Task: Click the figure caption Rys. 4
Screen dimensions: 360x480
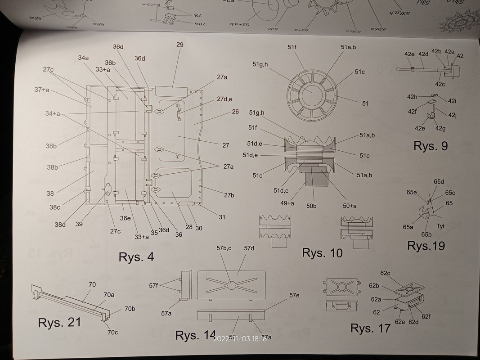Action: pos(136,257)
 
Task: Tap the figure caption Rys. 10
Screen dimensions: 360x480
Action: pos(322,252)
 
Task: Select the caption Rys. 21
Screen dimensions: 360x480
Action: pos(59,323)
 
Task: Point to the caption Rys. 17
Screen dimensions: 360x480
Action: pos(370,328)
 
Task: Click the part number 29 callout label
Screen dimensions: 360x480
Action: pos(180,45)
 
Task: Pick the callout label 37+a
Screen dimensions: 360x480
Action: pos(42,90)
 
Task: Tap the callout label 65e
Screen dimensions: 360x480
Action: pos(411,192)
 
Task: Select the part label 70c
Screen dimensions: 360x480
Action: pos(112,333)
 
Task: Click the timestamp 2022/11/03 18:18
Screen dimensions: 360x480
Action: pos(240,339)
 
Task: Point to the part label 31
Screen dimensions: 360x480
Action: pos(222,217)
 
